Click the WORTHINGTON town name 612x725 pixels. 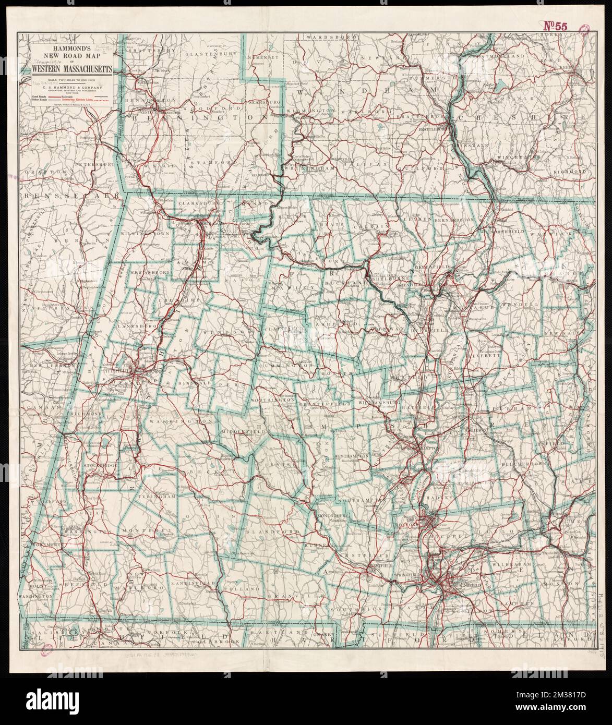click(x=274, y=399)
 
